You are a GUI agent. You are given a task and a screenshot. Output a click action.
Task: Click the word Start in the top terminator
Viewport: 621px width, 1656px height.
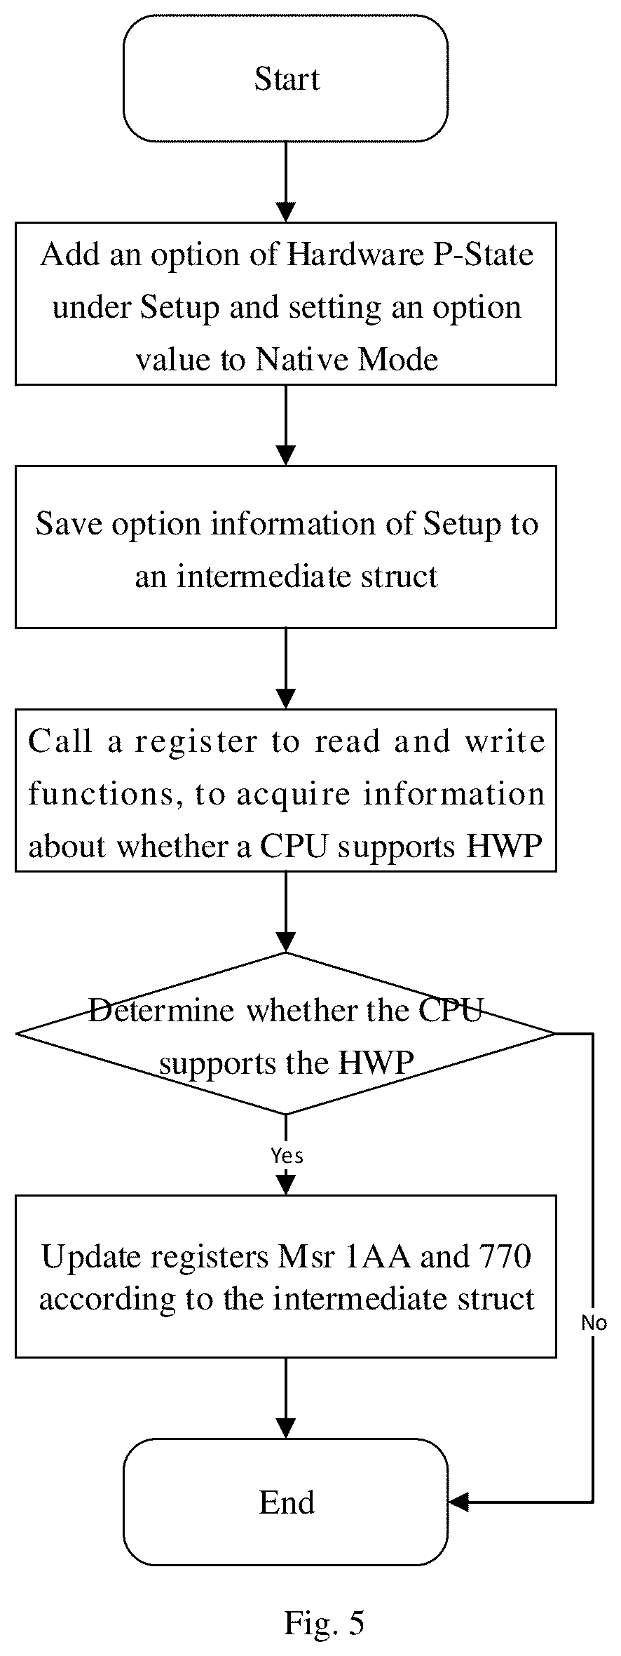pos(287,79)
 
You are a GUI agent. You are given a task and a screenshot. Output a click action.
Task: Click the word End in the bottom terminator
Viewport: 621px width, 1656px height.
pos(287,1502)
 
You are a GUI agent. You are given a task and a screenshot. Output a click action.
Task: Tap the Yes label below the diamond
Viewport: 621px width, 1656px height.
pos(287,1155)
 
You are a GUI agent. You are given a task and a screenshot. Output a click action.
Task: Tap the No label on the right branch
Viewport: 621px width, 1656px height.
pos(594,1323)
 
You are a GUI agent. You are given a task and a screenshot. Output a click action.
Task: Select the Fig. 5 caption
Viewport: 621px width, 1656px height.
pos(324,1622)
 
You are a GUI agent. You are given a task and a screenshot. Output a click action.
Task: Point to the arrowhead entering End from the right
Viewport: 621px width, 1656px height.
pos(458,1502)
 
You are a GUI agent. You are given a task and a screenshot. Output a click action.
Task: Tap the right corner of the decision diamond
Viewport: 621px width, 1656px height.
pos(555,1033)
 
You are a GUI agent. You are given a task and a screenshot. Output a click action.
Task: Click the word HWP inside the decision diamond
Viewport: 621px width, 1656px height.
pos(377,1063)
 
